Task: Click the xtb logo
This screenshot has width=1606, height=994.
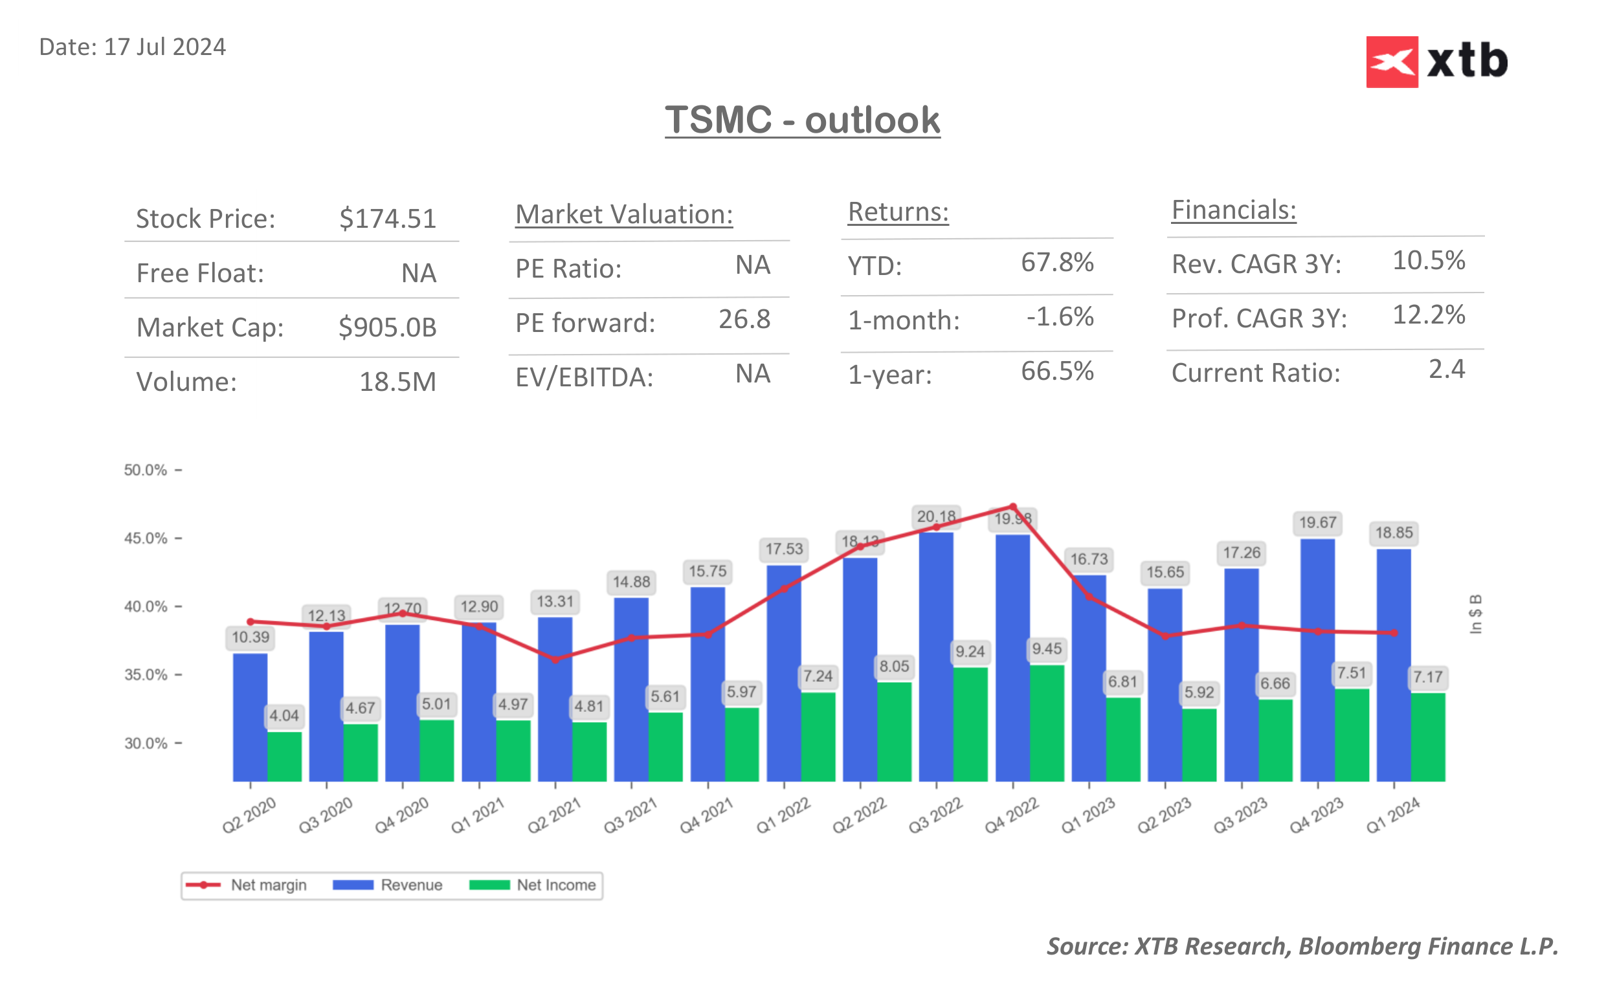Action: point(1436,61)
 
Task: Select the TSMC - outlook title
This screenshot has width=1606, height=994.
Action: point(802,120)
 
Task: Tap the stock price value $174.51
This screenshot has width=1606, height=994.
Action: point(387,218)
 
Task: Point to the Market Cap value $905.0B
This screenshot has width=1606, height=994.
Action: point(387,327)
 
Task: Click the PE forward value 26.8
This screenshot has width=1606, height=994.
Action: point(744,320)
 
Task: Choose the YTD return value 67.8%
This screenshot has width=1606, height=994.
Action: point(1056,262)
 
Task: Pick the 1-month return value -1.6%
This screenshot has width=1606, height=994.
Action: point(1060,317)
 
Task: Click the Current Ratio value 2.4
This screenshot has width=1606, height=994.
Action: point(1446,370)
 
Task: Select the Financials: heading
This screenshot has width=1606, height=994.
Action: point(1233,210)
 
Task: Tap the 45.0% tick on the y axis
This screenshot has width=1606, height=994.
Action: point(146,538)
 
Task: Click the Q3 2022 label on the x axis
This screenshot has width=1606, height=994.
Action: point(935,815)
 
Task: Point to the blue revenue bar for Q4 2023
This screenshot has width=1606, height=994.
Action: point(1317,657)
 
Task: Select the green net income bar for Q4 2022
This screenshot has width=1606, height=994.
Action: point(1047,723)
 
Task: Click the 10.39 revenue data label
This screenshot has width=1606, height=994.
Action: point(251,637)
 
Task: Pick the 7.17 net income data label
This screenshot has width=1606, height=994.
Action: point(1428,677)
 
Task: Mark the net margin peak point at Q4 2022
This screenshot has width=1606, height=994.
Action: point(1012,506)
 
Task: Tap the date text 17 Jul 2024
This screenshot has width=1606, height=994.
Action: point(164,47)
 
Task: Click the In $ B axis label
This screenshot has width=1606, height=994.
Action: point(1475,614)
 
